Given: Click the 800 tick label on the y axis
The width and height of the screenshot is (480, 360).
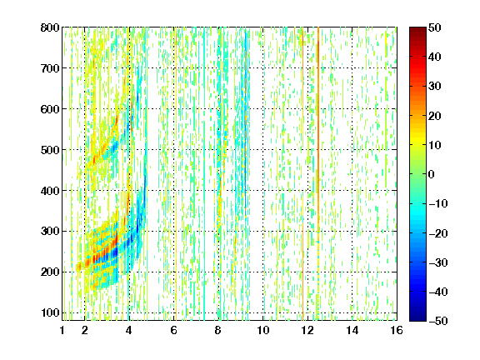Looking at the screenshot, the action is click(x=50, y=27).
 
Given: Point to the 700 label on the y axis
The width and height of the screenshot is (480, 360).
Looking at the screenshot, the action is click(x=50, y=68).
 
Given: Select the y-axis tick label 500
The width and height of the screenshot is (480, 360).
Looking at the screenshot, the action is click(x=50, y=150).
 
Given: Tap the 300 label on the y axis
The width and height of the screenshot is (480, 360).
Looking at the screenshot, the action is click(x=50, y=231).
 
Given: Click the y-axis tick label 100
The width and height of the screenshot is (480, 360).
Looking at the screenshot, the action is click(x=50, y=312).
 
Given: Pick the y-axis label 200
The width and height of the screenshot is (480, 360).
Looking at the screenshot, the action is click(x=50, y=272).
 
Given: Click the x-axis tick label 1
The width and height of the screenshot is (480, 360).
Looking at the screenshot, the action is click(x=62, y=330).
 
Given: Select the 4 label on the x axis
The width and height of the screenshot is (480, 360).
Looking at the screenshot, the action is click(x=129, y=330).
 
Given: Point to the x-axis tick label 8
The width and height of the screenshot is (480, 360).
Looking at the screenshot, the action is click(x=218, y=330).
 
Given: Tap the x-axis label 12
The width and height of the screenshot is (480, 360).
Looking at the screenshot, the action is click(x=307, y=330).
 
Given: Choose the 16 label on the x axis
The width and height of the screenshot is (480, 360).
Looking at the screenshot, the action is click(x=397, y=330).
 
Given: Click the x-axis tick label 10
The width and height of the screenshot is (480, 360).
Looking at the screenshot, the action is click(x=262, y=330).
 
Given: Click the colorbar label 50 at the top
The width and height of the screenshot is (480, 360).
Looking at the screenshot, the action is click(x=434, y=27).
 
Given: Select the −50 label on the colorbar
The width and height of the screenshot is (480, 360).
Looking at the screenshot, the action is click(x=438, y=321).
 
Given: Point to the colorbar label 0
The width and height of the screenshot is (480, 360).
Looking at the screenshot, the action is click(x=431, y=174).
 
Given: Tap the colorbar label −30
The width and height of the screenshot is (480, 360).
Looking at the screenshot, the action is click(x=438, y=262).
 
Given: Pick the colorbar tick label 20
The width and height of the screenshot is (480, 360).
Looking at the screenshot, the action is click(x=434, y=116).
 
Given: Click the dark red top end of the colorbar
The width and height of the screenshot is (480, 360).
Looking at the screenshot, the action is click(x=417, y=29).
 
